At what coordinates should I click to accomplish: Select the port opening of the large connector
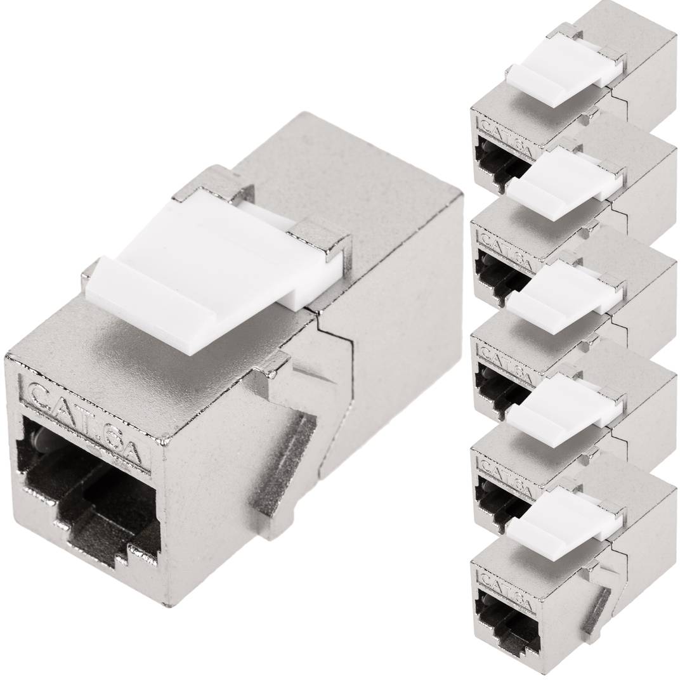[x=89, y=482]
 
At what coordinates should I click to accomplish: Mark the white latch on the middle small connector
[x=561, y=292]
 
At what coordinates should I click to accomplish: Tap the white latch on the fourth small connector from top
[x=561, y=406]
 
